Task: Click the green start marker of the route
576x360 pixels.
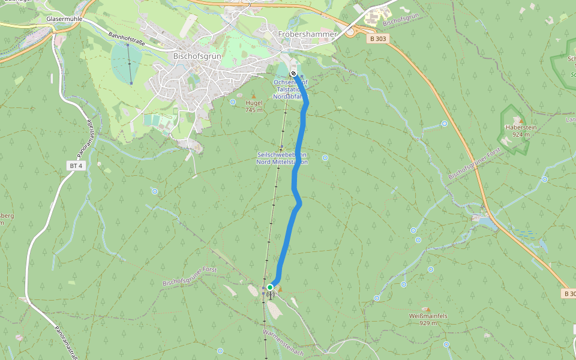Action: click(270, 287)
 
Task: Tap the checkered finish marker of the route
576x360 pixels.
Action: click(293, 74)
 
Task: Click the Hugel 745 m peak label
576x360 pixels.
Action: click(254, 106)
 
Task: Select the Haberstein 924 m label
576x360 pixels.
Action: click(520, 131)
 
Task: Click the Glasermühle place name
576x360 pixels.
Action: click(63, 19)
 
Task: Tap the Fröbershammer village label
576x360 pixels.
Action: click(307, 34)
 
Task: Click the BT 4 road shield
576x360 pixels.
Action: click(75, 166)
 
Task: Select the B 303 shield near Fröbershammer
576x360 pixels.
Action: click(378, 38)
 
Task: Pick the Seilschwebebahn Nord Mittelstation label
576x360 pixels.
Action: click(283, 158)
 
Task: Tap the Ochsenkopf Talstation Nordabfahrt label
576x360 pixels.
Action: click(291, 89)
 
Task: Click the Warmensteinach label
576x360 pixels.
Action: click(283, 342)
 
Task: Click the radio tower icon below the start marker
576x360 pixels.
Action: click(270, 295)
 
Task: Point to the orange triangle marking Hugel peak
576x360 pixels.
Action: click(253, 95)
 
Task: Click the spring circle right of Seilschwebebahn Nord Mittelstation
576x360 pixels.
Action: click(325, 158)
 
